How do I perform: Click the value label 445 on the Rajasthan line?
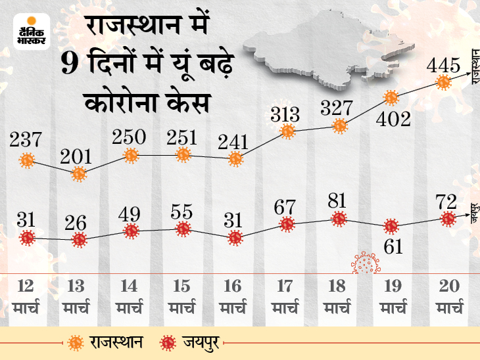point(443,66)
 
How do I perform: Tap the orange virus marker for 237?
point(27,159)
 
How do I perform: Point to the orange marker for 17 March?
point(287,131)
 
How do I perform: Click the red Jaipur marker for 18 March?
point(339,218)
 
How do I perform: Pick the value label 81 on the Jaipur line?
point(339,200)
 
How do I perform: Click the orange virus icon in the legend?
point(76,342)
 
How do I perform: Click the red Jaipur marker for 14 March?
point(131,231)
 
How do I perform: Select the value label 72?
point(448,200)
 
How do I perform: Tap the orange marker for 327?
point(339,125)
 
